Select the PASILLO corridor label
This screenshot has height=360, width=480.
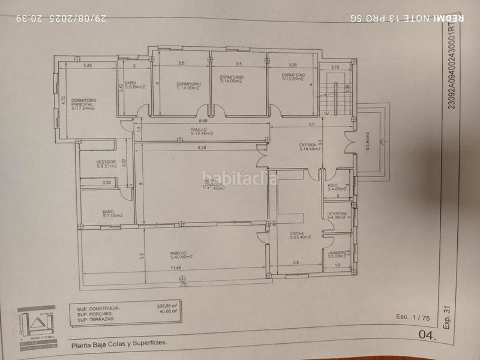[x=202, y=131]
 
